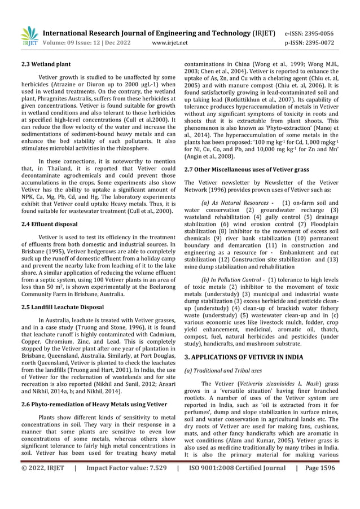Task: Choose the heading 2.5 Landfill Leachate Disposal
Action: pyautogui.click(x=63, y=307)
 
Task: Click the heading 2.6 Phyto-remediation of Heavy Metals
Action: pyautogui.click(x=93, y=405)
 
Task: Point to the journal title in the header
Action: pyautogui.click(x=152, y=33)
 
